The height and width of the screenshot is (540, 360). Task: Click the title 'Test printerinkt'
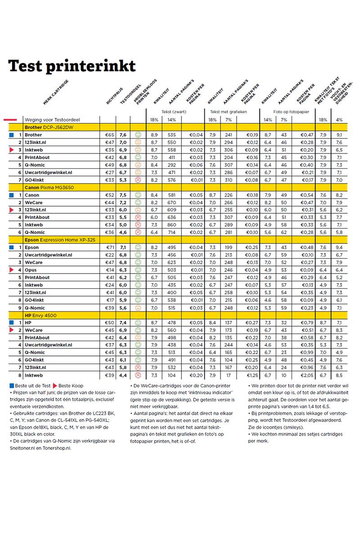tap(72, 66)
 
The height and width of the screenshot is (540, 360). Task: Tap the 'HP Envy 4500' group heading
tap(40, 315)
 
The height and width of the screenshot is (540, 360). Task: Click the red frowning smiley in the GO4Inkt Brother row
tap(138, 180)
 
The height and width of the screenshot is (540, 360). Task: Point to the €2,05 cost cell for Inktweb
tap(307, 375)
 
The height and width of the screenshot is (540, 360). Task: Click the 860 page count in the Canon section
tap(172, 225)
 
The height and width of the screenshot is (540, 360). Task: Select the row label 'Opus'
tap(31, 270)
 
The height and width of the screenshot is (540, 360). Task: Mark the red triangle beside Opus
tap(11, 270)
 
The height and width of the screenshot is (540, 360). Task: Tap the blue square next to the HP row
tap(11, 323)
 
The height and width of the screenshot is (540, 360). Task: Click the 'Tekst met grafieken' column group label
tap(228, 112)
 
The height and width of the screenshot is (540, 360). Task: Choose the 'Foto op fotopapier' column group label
tap(291, 112)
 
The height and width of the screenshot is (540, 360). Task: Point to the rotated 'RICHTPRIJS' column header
tap(115, 96)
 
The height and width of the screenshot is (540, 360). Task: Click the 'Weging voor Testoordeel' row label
tap(52, 120)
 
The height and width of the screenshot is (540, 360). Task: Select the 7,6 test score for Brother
tap(123, 135)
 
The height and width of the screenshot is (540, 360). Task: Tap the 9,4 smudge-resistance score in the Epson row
tap(339, 247)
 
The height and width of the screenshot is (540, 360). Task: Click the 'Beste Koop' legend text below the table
tap(71, 386)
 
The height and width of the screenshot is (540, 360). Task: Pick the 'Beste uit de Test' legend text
tap(32, 386)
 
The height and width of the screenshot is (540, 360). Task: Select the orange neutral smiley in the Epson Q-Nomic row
tap(138, 308)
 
